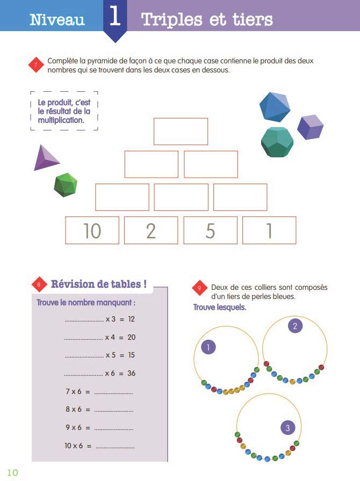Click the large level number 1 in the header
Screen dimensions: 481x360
115,17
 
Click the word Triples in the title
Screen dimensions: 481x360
174,20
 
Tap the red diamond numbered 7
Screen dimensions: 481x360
35,65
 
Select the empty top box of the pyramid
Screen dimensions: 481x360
181,131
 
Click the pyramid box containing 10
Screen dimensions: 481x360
92,230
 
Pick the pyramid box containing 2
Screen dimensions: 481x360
151,230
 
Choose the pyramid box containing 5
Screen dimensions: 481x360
210,230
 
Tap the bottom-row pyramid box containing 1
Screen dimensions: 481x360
269,230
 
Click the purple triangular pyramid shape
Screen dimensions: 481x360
46,158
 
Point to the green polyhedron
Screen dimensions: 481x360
66,185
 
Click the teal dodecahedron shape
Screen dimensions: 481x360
277,142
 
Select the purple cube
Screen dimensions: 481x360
310,127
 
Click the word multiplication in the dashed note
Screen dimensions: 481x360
61,120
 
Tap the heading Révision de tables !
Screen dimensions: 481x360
98,284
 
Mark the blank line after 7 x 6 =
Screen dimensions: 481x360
113,392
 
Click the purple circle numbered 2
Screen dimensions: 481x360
294,325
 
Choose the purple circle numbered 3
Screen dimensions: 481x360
287,428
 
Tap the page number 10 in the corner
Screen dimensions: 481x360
12,472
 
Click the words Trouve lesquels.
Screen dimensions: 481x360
219,308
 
